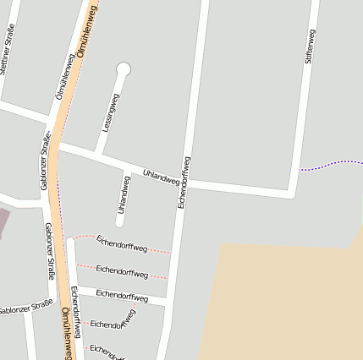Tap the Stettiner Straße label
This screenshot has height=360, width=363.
(x=8, y=50)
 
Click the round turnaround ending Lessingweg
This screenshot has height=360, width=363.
(x=124, y=69)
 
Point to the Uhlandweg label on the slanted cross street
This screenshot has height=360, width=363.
(x=161, y=176)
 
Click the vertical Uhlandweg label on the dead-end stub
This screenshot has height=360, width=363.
(x=124, y=194)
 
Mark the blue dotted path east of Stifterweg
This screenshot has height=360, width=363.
(x=331, y=163)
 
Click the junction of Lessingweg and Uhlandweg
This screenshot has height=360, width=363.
(x=98, y=155)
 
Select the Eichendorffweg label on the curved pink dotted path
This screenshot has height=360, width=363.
(x=122, y=243)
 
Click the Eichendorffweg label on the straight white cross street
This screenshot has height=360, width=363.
(x=122, y=295)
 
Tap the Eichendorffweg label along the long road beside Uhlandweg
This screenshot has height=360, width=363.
(x=184, y=183)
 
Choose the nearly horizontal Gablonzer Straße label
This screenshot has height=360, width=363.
(x=25, y=308)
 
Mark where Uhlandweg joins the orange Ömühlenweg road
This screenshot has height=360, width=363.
(x=58, y=145)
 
